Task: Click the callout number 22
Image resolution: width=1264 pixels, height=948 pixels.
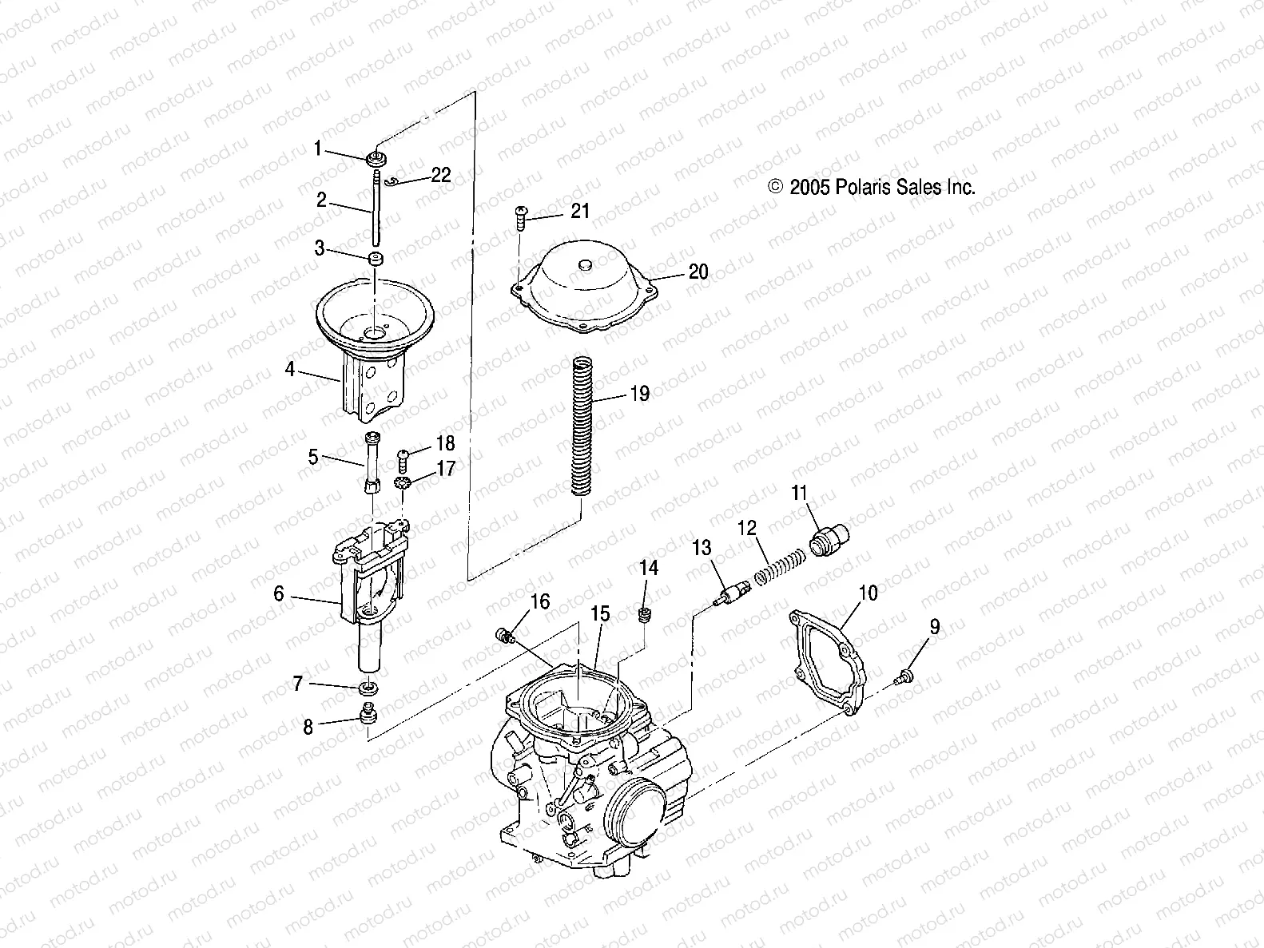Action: click(441, 176)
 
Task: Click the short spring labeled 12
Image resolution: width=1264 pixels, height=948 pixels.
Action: click(774, 565)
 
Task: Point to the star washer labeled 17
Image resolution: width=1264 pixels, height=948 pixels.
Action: click(403, 482)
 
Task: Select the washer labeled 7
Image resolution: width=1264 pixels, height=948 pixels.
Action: click(368, 687)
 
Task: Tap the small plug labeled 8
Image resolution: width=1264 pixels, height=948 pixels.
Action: click(368, 713)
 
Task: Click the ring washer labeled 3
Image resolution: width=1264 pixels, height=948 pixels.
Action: click(374, 260)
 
